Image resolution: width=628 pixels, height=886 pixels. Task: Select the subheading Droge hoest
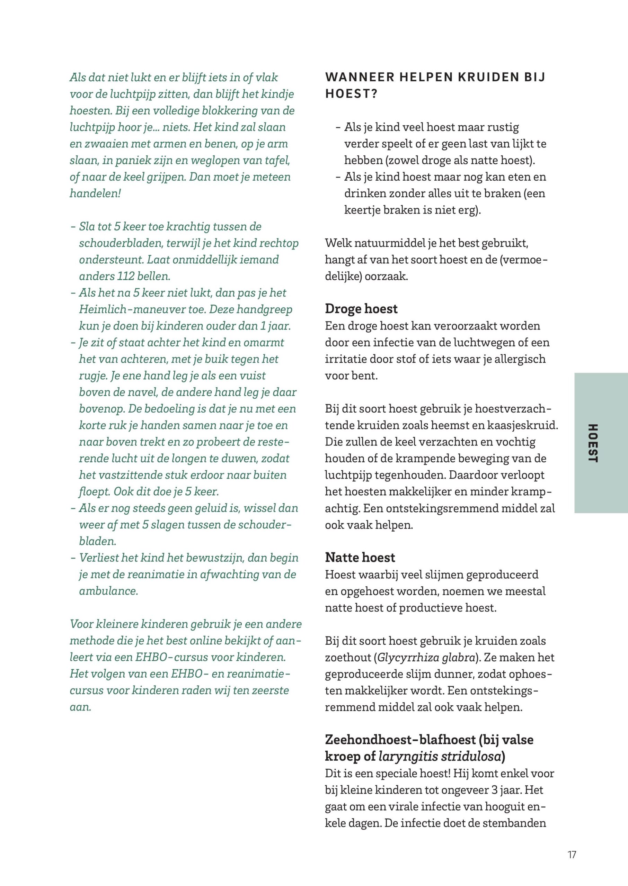pos(361,309)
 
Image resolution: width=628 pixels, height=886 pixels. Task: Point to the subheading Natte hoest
pos(360,558)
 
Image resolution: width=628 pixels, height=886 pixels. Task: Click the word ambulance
pos(108,591)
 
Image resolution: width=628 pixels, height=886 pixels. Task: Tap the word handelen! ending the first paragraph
pos(95,193)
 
